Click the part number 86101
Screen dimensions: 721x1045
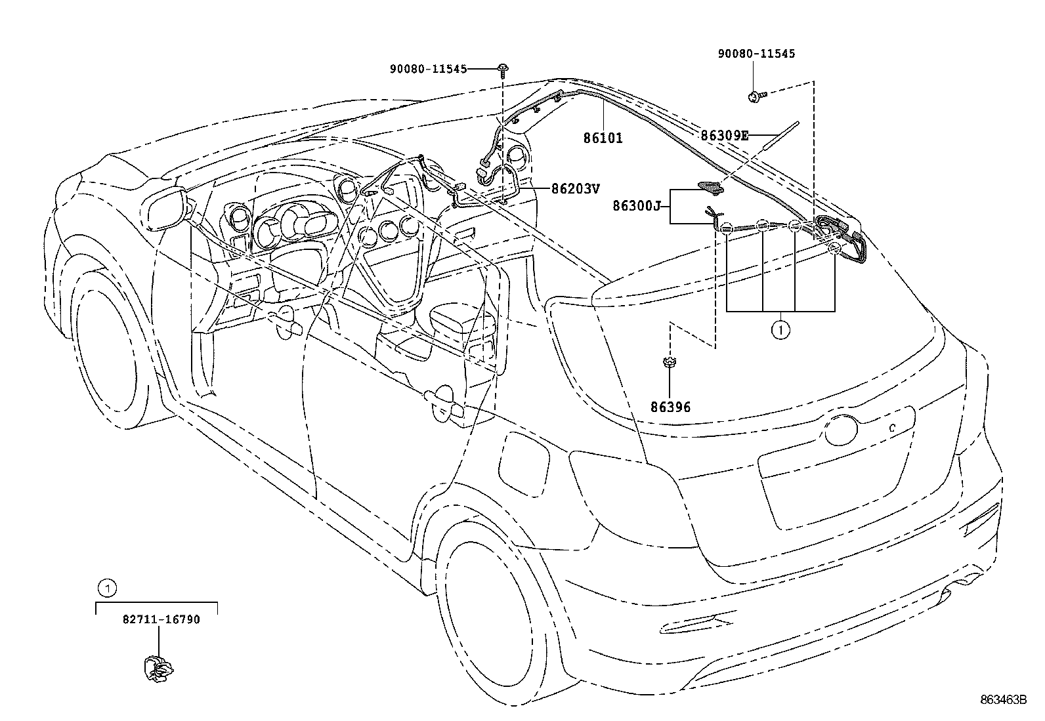tap(603, 138)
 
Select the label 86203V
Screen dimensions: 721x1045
tap(575, 189)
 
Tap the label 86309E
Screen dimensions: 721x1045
tap(724, 136)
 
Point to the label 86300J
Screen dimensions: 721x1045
tap(636, 206)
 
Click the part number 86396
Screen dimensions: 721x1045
tap(670, 407)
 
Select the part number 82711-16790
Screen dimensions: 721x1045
tap(161, 619)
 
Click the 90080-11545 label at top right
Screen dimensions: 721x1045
tap(756, 54)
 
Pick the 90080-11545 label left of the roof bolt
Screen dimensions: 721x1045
tap(427, 68)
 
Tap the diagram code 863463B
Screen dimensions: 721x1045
tap(1003, 700)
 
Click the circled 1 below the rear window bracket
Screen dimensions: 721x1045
tap(780, 329)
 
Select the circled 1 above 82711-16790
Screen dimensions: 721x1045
tap(108, 588)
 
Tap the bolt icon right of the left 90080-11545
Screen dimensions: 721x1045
tap(503, 68)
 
